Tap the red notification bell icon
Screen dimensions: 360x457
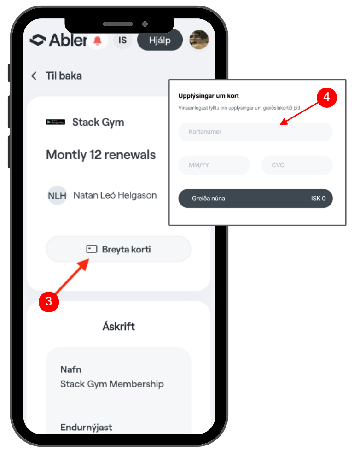coord(97,41)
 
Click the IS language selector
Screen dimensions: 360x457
coord(122,41)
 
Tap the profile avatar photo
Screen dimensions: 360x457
coord(199,40)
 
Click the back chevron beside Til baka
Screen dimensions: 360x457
coord(34,76)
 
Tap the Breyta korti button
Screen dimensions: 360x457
coord(118,250)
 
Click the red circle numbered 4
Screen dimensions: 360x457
coord(326,97)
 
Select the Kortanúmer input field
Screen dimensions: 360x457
coord(255,132)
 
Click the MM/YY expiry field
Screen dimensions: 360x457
coord(214,165)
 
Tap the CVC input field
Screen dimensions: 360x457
coord(296,165)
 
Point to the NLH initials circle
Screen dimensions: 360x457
coord(57,195)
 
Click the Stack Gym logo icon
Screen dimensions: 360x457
coord(55,123)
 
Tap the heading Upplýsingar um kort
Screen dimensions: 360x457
coord(209,96)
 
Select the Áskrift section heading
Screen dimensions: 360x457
coord(118,327)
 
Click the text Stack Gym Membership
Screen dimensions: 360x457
coord(112,384)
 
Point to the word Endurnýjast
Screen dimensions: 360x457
coord(86,427)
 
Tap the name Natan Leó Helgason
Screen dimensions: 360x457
coord(115,195)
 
